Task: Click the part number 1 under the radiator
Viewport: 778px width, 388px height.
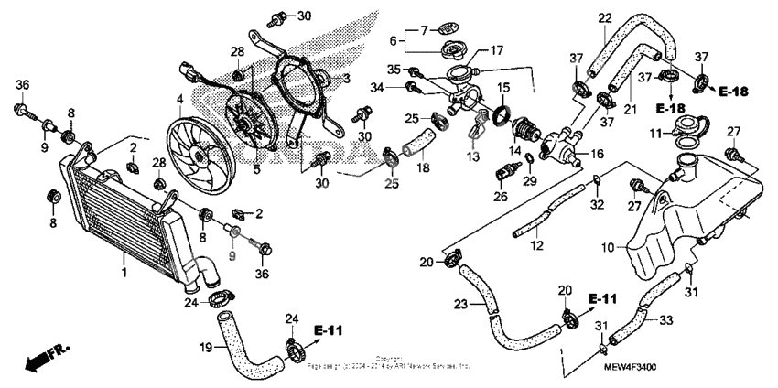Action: [x=124, y=273]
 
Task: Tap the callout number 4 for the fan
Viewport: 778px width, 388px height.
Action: [x=180, y=98]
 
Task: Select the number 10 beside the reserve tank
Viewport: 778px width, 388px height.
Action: [x=607, y=249]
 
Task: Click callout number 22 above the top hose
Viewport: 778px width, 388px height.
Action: [x=605, y=17]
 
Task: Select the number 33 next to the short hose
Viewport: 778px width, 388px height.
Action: [x=665, y=320]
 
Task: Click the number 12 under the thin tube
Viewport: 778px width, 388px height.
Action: [x=538, y=246]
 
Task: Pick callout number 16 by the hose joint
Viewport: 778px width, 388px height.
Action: [x=597, y=156]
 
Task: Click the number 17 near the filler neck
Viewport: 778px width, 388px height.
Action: [x=497, y=49]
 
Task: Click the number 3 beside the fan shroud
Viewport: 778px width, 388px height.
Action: [x=346, y=80]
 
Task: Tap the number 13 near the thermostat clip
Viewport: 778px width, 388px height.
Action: [x=472, y=157]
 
